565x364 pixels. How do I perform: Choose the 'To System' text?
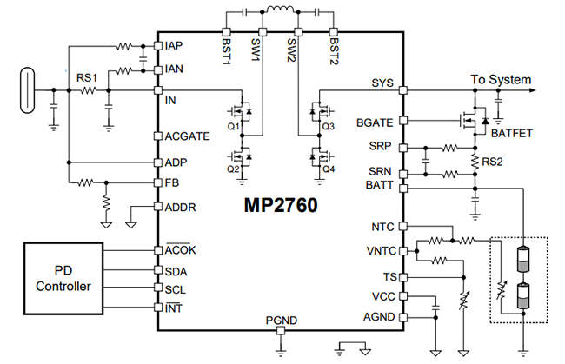click(500, 79)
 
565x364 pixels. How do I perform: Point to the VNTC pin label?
click(381, 252)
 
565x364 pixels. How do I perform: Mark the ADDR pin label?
click(179, 206)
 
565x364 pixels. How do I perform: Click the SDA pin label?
click(175, 270)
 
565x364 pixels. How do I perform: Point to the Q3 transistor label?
click(328, 126)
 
